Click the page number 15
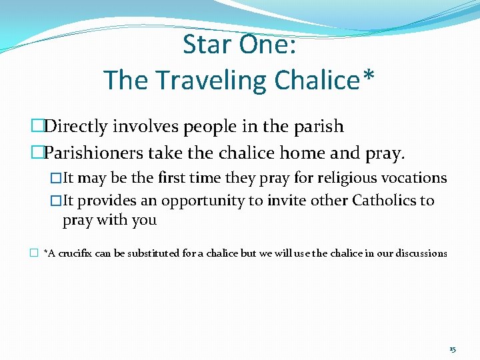(452, 349)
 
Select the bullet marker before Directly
(37, 126)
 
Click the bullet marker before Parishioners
(37, 153)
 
